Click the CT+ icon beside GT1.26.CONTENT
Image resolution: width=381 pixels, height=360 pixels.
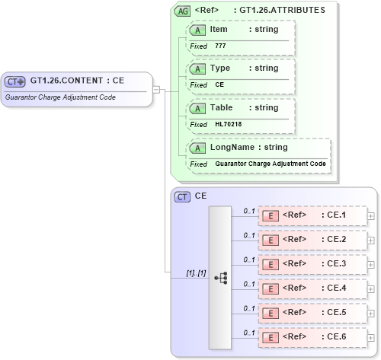coord(15,81)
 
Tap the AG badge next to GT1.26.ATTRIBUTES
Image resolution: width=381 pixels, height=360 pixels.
coord(182,11)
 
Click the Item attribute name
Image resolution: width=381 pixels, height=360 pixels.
coord(219,29)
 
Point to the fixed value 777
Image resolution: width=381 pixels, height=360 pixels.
coord(220,46)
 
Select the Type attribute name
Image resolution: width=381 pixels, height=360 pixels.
coord(219,68)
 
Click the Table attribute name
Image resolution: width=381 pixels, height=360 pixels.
coord(222,107)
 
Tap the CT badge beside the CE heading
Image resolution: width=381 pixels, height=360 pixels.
coord(182,196)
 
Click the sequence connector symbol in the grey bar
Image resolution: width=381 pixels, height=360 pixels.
coord(221,279)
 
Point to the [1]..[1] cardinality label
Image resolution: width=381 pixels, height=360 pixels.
coord(196,272)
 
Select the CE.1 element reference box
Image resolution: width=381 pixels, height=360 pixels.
coord(312,215)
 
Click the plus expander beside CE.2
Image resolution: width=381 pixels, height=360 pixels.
coord(371,240)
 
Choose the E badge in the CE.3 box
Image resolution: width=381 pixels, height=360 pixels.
coord(270,264)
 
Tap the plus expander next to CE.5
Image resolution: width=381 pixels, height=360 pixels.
coord(371,313)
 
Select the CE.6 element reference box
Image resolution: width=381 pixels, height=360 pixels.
coord(312,337)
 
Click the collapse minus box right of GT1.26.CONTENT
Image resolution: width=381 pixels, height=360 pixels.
coord(156,89)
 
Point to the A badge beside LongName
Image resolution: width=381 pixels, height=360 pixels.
coord(197,148)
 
